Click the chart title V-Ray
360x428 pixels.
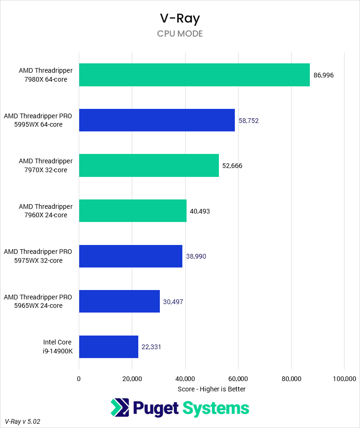180,19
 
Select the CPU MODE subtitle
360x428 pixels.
180,34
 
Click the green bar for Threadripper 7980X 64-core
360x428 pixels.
194,75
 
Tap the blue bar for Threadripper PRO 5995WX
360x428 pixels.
157,120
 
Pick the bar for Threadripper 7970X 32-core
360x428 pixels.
149,166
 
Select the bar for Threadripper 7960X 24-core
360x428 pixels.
133,211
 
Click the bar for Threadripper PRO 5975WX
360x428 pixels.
130,256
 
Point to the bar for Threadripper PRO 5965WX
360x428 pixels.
119,301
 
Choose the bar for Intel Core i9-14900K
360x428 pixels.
108,347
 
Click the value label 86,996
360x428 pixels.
323,75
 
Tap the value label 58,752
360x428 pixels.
248,121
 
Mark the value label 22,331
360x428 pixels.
151,347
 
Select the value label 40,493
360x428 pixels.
200,211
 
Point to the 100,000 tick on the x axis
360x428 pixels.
344,379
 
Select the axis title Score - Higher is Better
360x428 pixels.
211,389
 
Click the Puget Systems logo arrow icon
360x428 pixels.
120,408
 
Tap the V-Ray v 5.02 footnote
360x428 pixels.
22,421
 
